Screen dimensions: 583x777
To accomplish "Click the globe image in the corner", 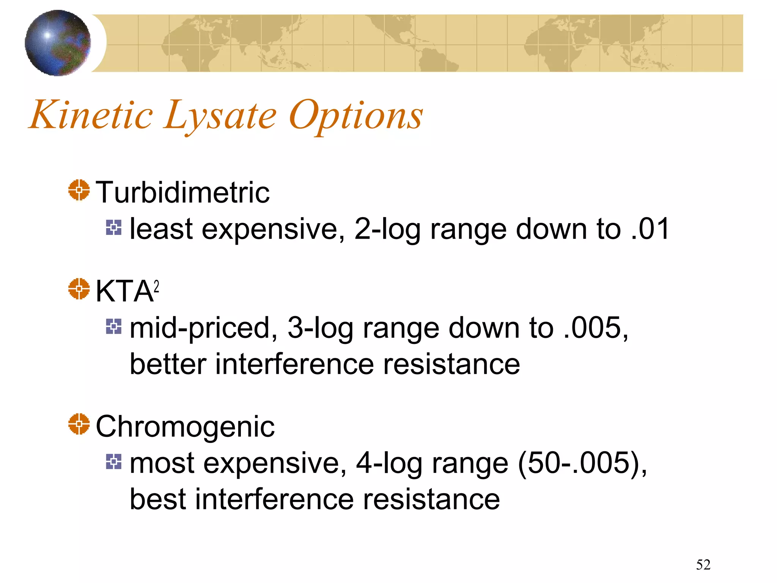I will pos(58,43).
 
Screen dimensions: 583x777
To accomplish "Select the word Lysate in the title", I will pos(220,116).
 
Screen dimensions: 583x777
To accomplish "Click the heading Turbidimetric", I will pos(182,192).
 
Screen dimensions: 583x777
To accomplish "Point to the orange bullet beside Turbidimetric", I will pos(79,190).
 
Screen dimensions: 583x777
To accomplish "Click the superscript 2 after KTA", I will pos(156,286).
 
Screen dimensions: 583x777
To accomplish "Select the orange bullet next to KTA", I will pos(79,289).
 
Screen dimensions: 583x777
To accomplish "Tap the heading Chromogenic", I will pos(185,427).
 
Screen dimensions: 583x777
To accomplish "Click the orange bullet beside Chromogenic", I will pos(79,424).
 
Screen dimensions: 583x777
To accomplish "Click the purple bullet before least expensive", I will pos(114,228).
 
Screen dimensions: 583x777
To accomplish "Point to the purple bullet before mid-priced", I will pos(114,326).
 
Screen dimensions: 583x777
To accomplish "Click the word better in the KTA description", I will pos(168,364).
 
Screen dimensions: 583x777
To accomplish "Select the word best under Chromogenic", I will pos(158,499).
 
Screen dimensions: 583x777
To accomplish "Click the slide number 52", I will pos(703,565).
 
